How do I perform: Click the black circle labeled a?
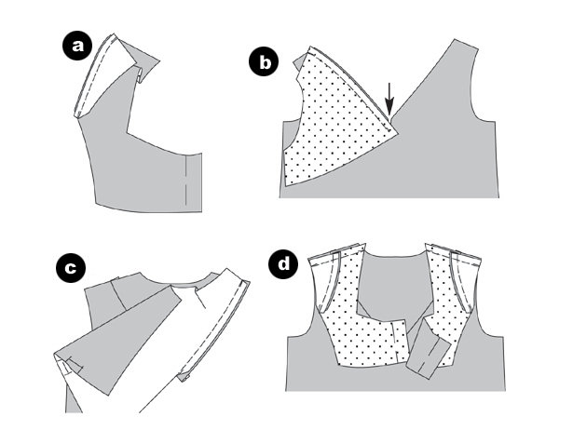pyautogui.click(x=77, y=46)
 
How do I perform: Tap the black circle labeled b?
pyautogui.click(x=264, y=61)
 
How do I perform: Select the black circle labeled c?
pyautogui.click(x=71, y=267)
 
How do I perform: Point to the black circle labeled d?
pyautogui.click(x=283, y=263)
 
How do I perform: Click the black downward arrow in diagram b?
pyautogui.click(x=389, y=99)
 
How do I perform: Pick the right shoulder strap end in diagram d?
pyautogui.click(x=453, y=252)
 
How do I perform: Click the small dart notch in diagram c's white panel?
pyautogui.click(x=200, y=298)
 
